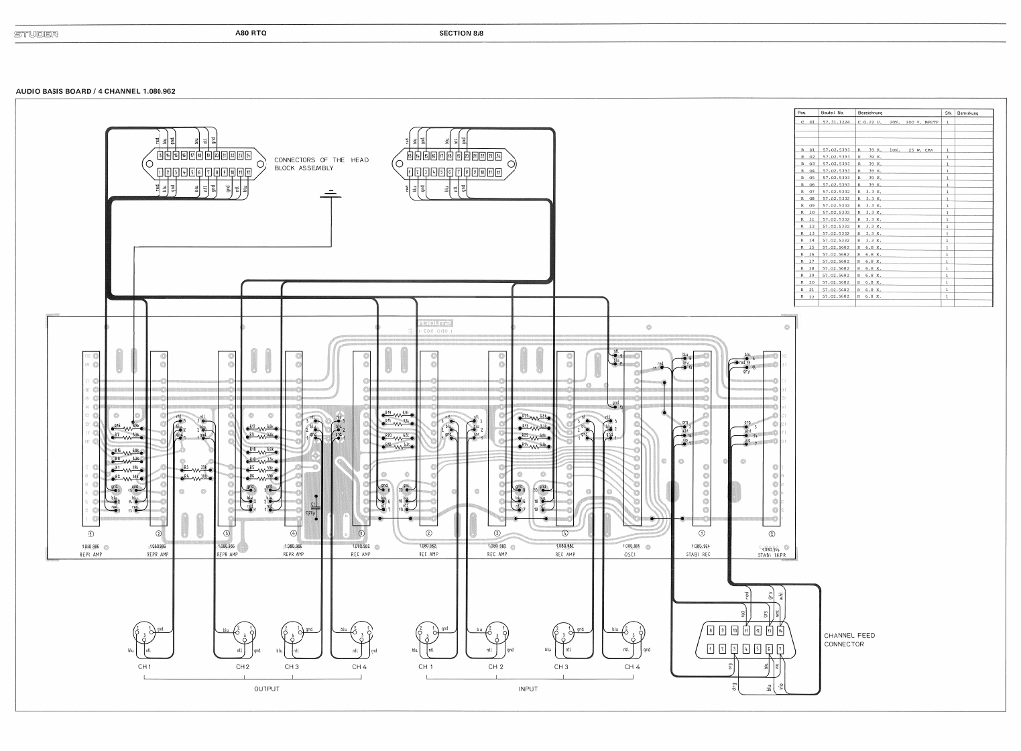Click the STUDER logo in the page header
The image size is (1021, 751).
coord(36,34)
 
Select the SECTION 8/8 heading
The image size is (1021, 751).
coord(461,33)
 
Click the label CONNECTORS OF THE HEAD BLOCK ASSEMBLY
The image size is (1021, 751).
coord(321,164)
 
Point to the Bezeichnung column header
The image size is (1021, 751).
coord(869,113)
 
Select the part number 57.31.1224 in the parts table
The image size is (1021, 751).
coord(835,123)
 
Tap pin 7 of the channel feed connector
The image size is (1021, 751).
coord(780,648)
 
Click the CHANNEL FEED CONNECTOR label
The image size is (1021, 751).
coord(849,640)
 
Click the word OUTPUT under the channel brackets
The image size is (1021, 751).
coord(267,689)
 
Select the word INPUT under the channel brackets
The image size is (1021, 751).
coord(528,689)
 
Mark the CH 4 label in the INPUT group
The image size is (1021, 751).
coord(632,667)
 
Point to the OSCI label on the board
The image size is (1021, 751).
coord(630,555)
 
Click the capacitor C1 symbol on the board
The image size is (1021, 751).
coord(315,507)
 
